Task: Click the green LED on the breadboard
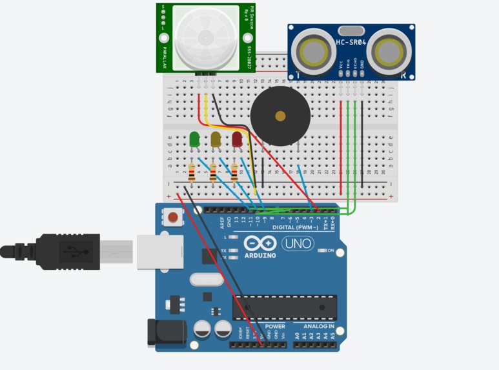[x=194, y=139]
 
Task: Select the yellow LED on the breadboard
[x=216, y=139]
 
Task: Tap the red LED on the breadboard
[x=237, y=139]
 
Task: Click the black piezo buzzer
[x=280, y=117]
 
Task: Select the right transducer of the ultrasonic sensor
[x=391, y=50]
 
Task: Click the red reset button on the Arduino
[x=172, y=218]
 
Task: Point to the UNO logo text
[x=298, y=243]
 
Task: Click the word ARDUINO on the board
[x=260, y=255]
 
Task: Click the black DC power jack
[x=167, y=333]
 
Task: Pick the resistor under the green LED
[x=192, y=172]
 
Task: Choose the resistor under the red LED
[x=234, y=171]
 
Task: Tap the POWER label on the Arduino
[x=274, y=327]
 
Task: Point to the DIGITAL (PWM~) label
[x=296, y=227]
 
